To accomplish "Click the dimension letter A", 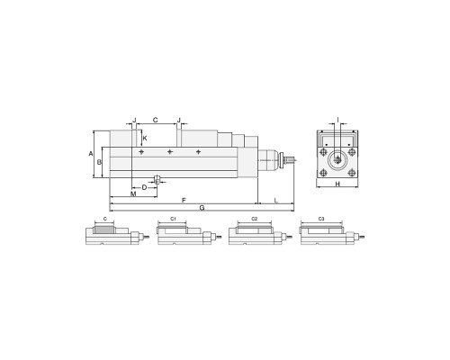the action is (91, 154).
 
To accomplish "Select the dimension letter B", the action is (99, 162).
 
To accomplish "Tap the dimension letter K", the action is (145, 139).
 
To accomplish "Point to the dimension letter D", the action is (144, 187).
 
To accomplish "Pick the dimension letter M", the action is (133, 193).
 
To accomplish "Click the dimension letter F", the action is (184, 200).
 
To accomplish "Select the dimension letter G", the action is (202, 208).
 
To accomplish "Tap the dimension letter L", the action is (276, 200).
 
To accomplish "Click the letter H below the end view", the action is (337, 184).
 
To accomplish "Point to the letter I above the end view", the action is (337, 121).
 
